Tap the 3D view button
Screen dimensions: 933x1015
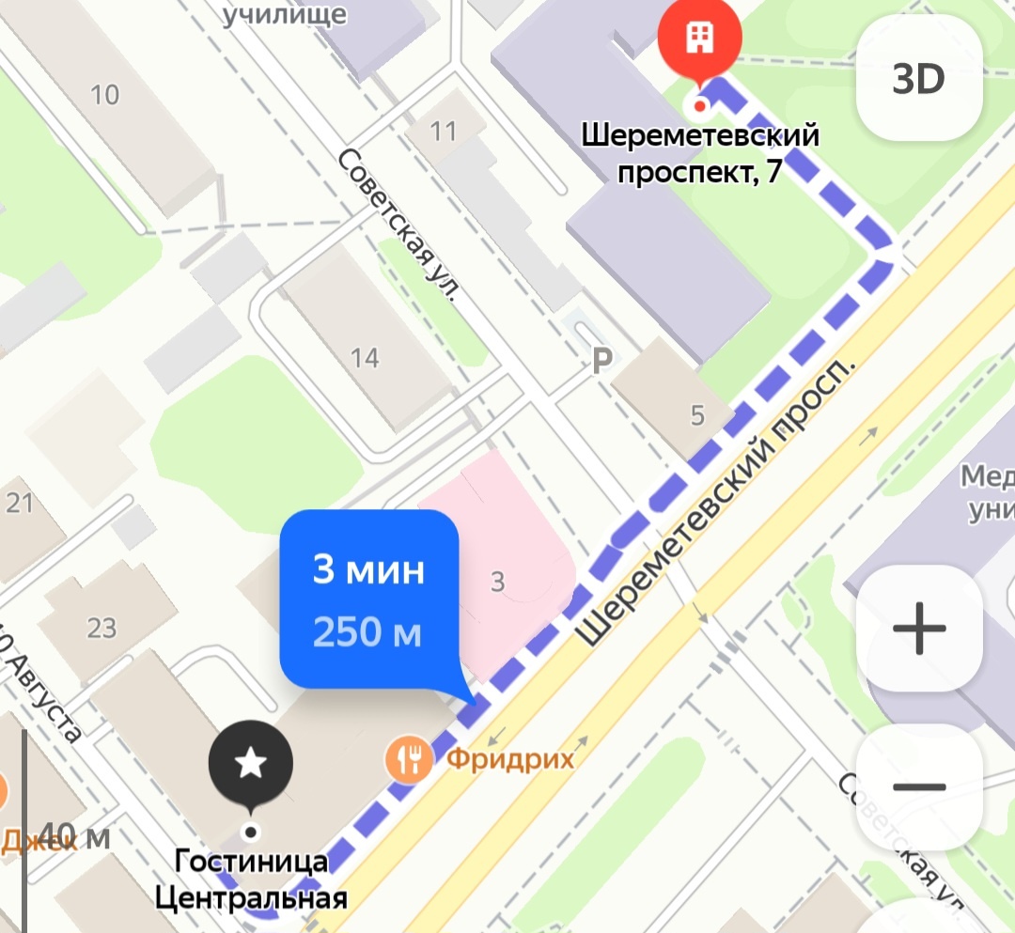click(918, 81)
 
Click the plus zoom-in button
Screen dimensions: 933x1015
click(918, 628)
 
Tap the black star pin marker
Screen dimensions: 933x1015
click(250, 764)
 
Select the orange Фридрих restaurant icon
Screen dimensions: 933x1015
click(409, 758)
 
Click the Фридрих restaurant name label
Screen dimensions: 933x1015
click(509, 758)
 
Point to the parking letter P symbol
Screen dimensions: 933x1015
click(601, 360)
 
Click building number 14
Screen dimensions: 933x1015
click(365, 357)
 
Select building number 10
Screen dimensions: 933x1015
click(105, 94)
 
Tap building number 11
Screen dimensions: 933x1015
click(444, 131)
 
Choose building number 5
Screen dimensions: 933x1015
click(696, 415)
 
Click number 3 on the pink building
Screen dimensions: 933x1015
click(497, 583)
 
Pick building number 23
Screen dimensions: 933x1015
click(101, 627)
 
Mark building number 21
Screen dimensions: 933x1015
click(21, 503)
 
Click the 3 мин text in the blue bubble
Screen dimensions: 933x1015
click(368, 570)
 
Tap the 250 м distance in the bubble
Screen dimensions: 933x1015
click(367, 633)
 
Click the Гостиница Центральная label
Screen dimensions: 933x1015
click(251, 879)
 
